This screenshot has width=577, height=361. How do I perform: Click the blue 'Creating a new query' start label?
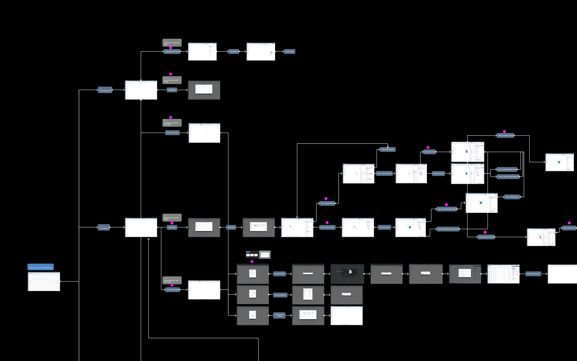click(x=41, y=267)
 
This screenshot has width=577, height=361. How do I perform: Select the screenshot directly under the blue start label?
click(x=44, y=281)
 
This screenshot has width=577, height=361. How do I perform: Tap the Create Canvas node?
click(x=105, y=227)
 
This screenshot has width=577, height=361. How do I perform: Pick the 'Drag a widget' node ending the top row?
click(x=289, y=52)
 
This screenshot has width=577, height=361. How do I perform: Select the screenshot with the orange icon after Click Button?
click(x=261, y=52)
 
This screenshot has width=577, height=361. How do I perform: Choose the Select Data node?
click(x=231, y=227)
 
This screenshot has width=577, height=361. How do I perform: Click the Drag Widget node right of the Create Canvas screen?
click(x=172, y=227)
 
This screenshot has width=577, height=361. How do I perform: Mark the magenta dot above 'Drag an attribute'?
click(x=428, y=147)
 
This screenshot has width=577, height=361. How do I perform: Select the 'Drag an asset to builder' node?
click(x=486, y=237)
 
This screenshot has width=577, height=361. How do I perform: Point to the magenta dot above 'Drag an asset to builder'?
click(x=485, y=232)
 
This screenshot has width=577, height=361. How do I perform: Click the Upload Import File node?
click(x=280, y=274)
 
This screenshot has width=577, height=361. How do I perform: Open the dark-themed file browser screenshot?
click(x=347, y=274)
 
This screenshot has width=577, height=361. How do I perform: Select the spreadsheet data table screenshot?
click(x=504, y=274)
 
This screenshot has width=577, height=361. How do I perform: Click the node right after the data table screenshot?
click(x=533, y=274)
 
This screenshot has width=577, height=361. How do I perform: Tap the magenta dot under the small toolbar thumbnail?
click(x=252, y=262)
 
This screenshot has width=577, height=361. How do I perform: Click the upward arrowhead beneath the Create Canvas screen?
click(x=148, y=239)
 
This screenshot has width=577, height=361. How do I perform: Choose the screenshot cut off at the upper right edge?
click(x=560, y=162)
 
